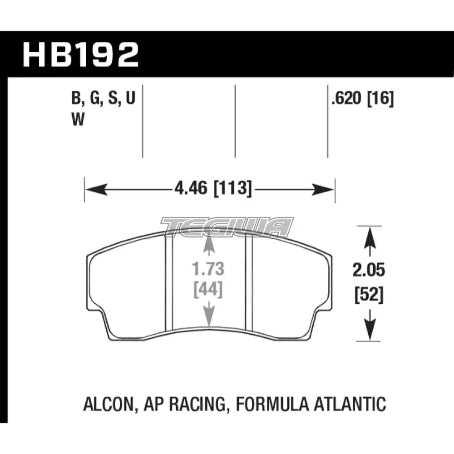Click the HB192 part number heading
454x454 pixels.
[x=81, y=55]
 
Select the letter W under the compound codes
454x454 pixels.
[x=78, y=119]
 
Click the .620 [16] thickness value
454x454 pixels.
[x=362, y=99]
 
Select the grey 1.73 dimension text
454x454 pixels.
[x=208, y=270]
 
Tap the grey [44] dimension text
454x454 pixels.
[x=208, y=290]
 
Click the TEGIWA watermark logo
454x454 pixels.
[x=227, y=227]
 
